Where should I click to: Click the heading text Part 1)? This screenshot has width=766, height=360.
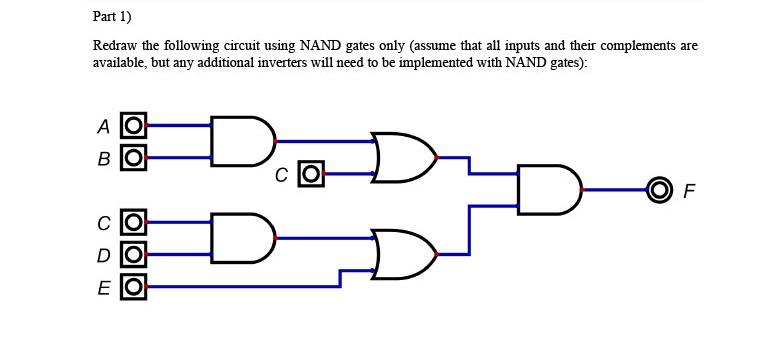111,17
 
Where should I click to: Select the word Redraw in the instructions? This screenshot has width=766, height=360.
114,47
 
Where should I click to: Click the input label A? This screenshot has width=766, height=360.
102,127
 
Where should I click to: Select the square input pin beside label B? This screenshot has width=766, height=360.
134,157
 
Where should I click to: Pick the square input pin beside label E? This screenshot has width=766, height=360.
134,288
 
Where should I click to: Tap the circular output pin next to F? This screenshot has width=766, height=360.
658,189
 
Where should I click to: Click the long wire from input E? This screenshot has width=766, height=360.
240,287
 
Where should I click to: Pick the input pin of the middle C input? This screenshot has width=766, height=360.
311,174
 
